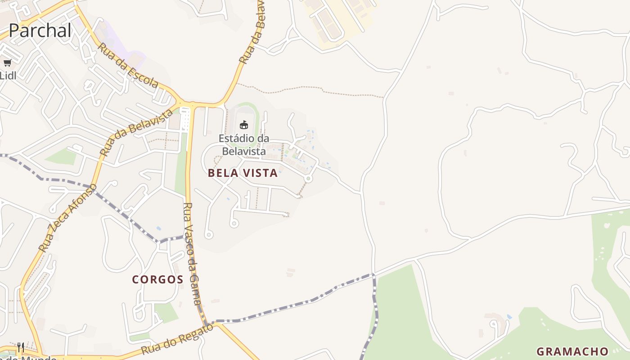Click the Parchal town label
40,30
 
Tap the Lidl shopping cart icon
7,63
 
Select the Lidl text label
8,76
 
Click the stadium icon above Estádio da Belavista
244,125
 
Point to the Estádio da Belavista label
244,144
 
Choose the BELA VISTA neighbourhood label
243,173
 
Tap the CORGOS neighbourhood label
157,279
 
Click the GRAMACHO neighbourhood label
572,351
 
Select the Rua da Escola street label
128,66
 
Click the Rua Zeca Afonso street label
67,218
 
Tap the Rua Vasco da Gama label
192,254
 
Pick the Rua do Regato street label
177,339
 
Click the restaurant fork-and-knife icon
21,347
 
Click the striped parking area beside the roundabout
185,120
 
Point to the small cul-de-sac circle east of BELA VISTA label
308,179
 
